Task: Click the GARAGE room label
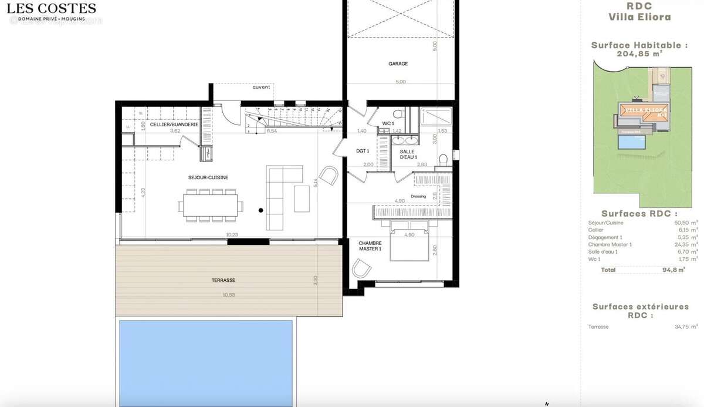click(397, 63)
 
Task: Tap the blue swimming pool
click(205, 361)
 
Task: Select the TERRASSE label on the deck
click(223, 281)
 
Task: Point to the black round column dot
click(261, 210)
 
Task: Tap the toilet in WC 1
click(397, 113)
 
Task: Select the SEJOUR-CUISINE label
click(208, 177)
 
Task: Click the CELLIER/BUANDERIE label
click(174, 125)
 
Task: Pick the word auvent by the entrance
click(261, 88)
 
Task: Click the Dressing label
click(418, 196)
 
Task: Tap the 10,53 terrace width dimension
click(228, 295)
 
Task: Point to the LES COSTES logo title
click(57, 8)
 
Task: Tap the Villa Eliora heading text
click(639, 18)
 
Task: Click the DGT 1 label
click(363, 151)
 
